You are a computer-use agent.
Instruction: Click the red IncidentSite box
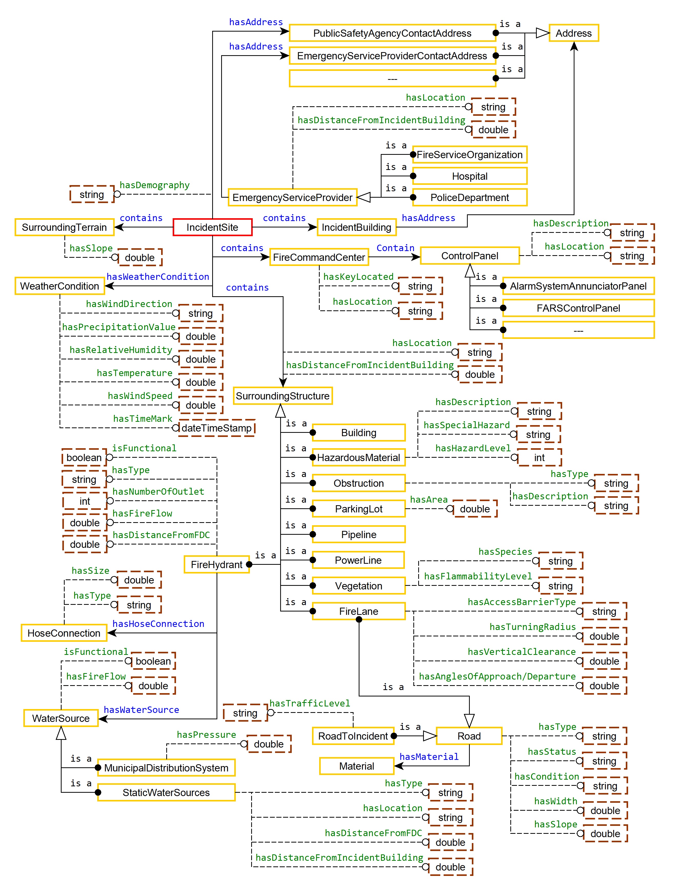point(212,227)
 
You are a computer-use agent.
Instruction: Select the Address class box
point(573,33)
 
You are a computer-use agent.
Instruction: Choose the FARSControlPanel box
point(578,308)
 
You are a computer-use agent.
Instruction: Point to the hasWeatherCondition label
point(158,276)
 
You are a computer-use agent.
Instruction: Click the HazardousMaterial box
point(358,457)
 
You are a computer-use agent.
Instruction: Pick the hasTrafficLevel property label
point(309,703)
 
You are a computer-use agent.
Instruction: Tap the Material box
point(356,766)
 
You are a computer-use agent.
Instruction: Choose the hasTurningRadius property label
point(532,627)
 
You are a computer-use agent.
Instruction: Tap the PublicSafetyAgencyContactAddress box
point(392,33)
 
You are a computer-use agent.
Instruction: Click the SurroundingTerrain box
point(64,227)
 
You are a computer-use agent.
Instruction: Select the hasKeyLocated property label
point(358,276)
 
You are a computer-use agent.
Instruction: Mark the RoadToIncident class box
point(353,736)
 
